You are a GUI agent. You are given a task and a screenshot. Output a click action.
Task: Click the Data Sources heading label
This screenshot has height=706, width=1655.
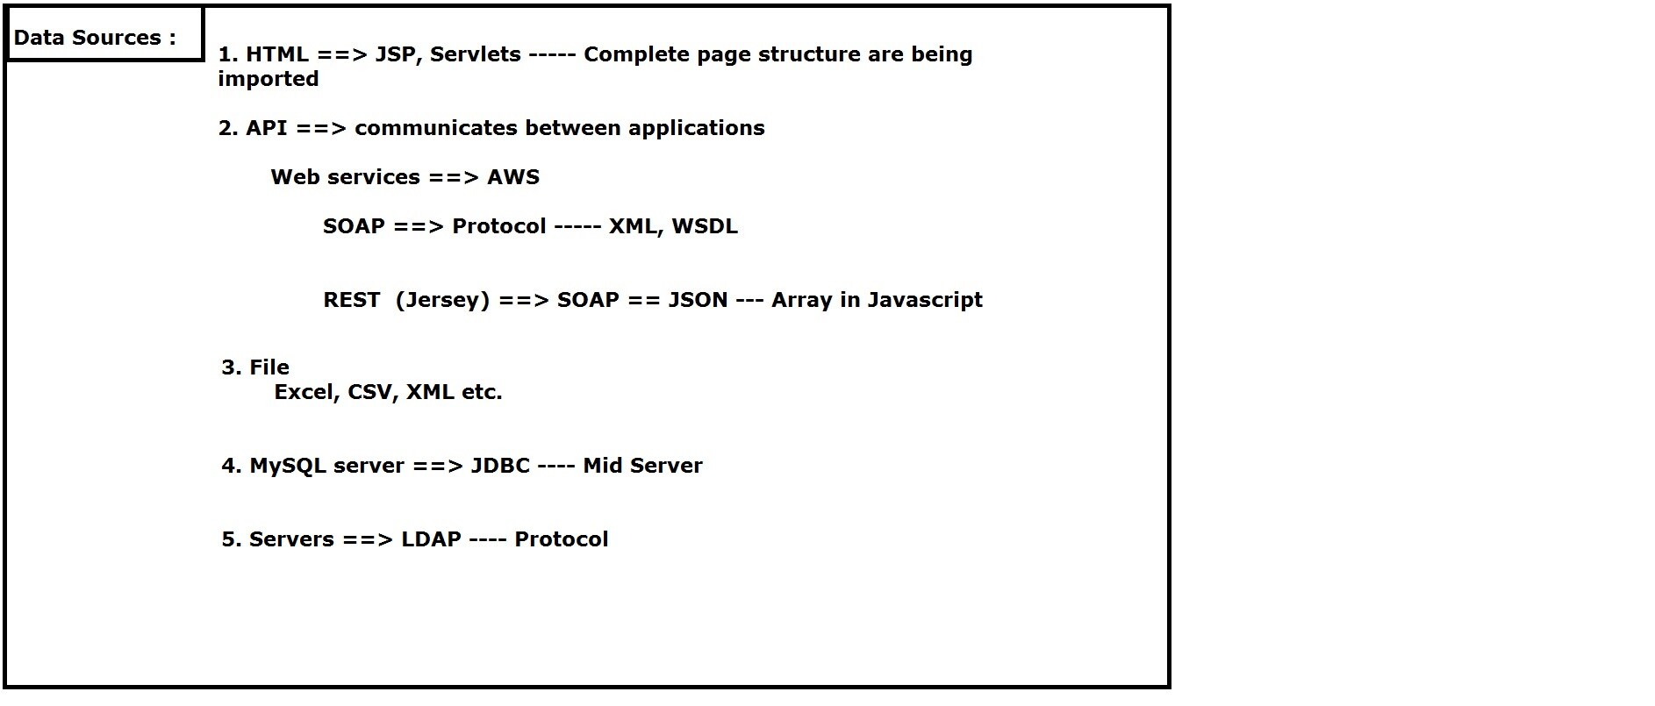tap(95, 38)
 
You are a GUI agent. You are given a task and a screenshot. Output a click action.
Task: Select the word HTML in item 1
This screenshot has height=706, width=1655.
tap(276, 54)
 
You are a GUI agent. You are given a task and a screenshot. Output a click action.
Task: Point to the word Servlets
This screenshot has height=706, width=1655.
tap(475, 54)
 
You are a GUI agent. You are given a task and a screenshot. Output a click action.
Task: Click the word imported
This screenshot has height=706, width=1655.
tap(269, 80)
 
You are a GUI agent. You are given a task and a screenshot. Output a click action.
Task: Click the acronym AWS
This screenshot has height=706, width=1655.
tap(513, 177)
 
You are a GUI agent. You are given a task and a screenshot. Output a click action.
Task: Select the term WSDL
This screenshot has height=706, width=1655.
tap(705, 226)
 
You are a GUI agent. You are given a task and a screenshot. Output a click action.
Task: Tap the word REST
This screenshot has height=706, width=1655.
tap(352, 300)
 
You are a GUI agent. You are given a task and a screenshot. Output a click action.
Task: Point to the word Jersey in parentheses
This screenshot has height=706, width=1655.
tap(442, 301)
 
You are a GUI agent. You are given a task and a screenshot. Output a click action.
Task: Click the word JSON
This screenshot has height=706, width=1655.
tap(699, 300)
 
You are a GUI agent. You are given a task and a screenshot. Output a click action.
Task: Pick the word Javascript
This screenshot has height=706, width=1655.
tap(925, 301)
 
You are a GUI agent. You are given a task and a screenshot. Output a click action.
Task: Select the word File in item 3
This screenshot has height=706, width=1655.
tap(269, 367)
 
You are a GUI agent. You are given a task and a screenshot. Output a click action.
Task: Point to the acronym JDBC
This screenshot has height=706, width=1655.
tap(500, 466)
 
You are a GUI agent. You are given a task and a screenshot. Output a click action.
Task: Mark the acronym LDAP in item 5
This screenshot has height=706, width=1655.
tap(431, 539)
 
